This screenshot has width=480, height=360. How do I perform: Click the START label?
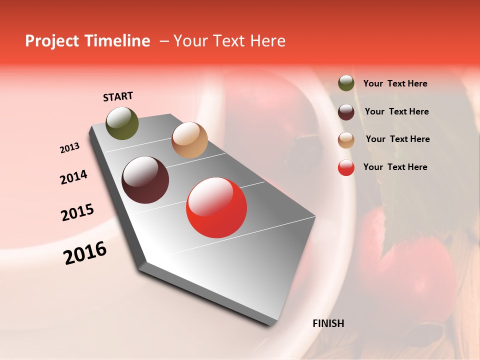[x=118, y=96]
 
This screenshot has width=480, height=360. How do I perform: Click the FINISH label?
[x=328, y=323]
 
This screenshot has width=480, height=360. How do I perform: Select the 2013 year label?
[x=69, y=148]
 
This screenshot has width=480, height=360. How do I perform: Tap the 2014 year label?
[x=73, y=177]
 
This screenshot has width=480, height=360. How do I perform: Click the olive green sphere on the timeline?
[x=122, y=123]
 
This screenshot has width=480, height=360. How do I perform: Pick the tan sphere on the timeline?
[x=189, y=140]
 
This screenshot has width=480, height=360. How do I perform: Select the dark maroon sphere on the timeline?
[x=145, y=180]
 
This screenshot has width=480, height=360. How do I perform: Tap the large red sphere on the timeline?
[x=216, y=207]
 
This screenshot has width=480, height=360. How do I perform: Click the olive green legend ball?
[x=346, y=83]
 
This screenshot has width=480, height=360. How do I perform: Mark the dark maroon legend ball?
[x=346, y=112]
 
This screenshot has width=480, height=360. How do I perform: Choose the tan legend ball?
[x=346, y=140]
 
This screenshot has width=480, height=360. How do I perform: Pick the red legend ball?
[x=346, y=168]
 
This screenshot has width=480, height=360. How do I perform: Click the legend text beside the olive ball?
[x=395, y=84]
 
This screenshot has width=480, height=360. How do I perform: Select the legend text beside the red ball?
[x=395, y=167]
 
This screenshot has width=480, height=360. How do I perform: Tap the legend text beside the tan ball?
[x=397, y=139]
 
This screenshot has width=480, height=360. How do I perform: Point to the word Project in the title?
[x=51, y=41]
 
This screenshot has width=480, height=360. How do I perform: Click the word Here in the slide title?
[x=267, y=41]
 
